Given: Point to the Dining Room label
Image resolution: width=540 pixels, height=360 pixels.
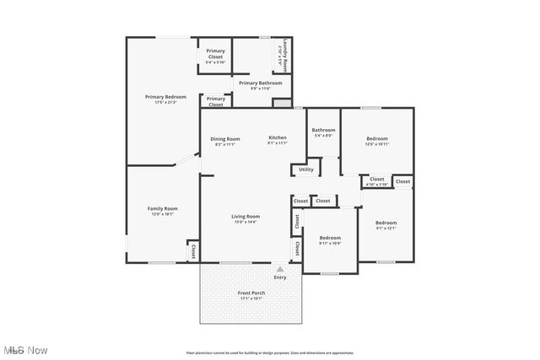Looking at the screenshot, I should (225, 141).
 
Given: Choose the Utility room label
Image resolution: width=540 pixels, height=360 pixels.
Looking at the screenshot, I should (305, 169).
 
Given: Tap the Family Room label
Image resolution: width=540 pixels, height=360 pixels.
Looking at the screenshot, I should (163, 211).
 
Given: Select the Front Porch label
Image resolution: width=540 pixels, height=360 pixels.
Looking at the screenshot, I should (252, 295).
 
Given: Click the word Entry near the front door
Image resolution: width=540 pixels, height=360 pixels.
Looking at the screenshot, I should (280, 277).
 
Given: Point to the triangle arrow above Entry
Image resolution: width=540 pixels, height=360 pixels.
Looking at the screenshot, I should (280, 270).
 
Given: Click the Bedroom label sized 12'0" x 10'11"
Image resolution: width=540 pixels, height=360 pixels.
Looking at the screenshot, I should (376, 141).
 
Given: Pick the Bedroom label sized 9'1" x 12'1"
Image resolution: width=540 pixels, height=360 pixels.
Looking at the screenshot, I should (386, 225).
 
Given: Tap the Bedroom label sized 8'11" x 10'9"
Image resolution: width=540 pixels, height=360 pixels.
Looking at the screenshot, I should (330, 240).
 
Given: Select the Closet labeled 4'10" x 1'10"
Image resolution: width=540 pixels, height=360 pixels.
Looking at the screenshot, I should (376, 181).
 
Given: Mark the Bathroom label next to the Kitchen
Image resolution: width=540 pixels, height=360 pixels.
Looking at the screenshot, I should (323, 132).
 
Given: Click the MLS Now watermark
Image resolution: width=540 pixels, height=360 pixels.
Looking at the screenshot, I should (24, 350).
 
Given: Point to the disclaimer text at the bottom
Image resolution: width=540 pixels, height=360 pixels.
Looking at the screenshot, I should (269, 352).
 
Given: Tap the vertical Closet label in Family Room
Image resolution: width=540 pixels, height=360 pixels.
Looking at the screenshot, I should (193, 251).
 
